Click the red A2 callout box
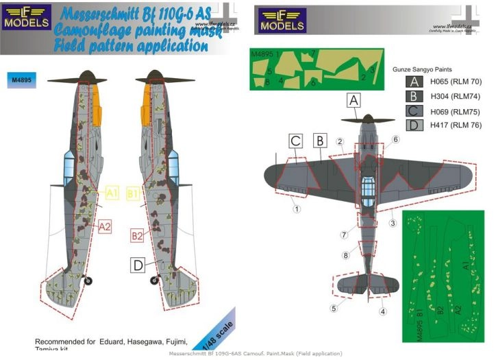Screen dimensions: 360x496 pos(103,226)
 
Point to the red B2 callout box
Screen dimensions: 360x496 pos(137,237)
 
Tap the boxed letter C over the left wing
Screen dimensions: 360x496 pos(295,141)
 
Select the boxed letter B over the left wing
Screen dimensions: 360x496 pos(319,141)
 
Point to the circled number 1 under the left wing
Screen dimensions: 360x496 pos(297,208)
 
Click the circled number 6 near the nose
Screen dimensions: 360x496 pos(395,139)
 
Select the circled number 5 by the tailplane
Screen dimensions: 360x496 pos(334,309)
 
